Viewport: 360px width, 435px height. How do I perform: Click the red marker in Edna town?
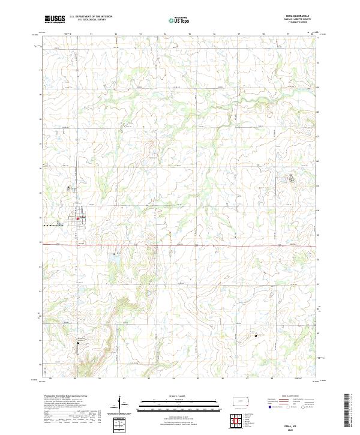[77, 218]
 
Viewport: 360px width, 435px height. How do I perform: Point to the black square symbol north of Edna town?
[69, 188]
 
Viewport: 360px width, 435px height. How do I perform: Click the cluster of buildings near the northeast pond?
[292, 178]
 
